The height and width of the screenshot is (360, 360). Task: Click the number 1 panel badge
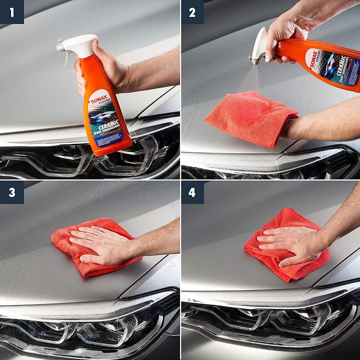tap(12, 12)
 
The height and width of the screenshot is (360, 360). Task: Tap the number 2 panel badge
tap(192, 12)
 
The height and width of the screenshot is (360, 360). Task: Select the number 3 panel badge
tap(12, 192)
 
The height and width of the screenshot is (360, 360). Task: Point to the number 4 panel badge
tap(192, 192)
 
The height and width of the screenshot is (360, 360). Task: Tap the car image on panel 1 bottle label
tap(103, 115)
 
